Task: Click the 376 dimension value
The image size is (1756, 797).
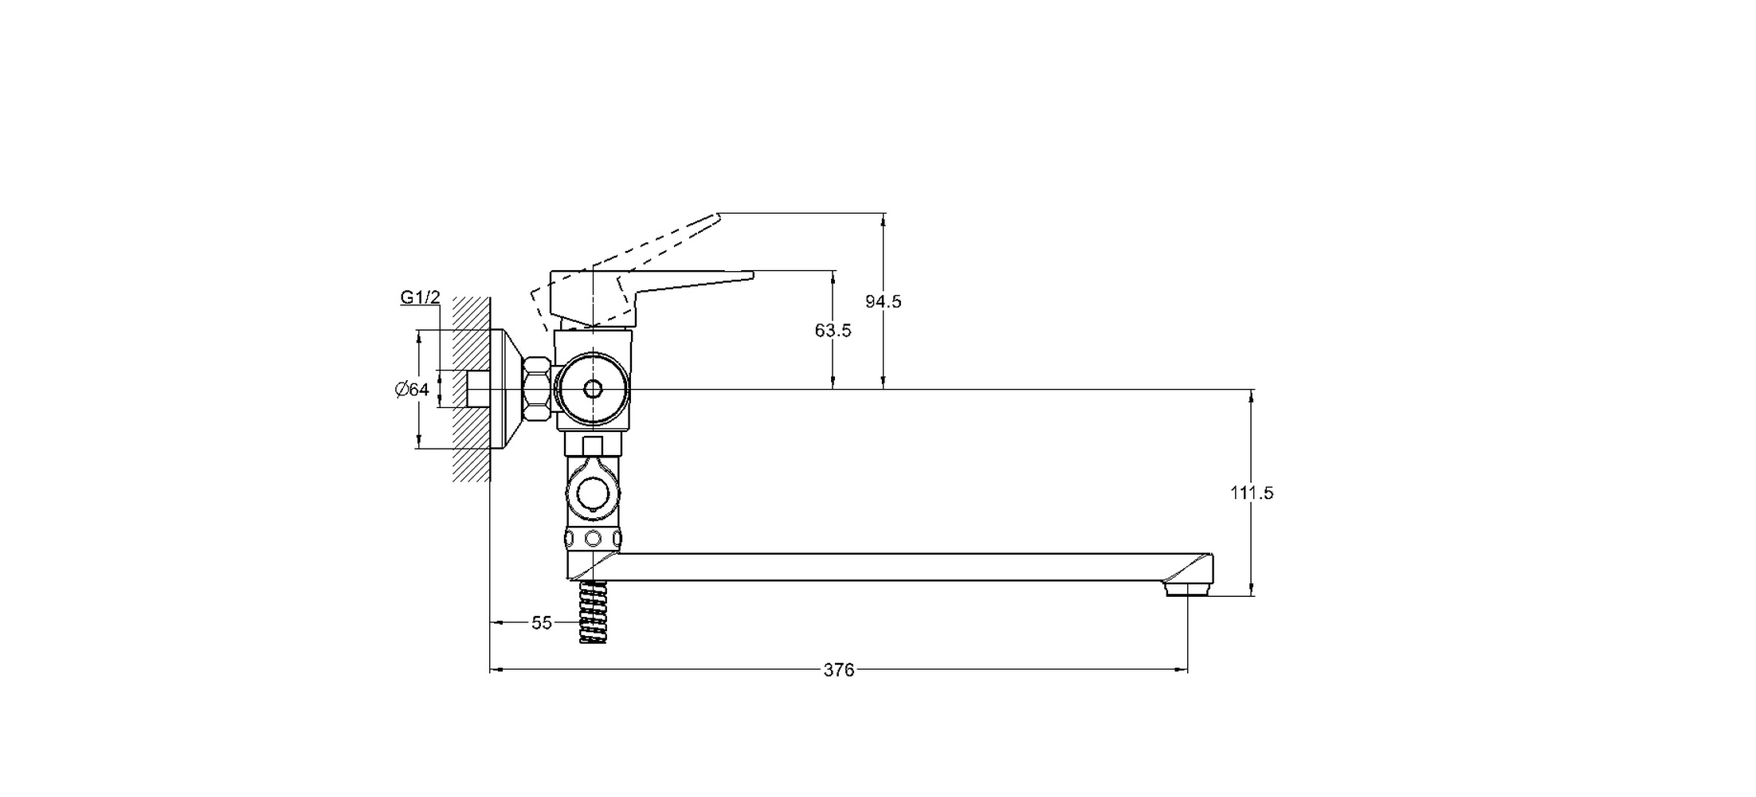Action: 838,670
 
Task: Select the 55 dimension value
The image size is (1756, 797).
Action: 542,622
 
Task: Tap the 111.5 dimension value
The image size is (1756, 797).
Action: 1252,493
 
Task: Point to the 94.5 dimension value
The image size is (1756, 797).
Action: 884,301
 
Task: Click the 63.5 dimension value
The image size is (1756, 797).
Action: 833,330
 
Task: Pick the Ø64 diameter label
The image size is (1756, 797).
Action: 412,389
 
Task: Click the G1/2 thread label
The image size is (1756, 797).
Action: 420,298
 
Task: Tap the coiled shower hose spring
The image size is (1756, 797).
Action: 592,612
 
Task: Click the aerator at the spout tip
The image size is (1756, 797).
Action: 1187,590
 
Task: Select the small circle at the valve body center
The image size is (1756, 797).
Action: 593,389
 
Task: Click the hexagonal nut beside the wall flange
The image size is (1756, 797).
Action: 537,390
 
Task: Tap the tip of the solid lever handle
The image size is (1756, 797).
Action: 751,276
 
